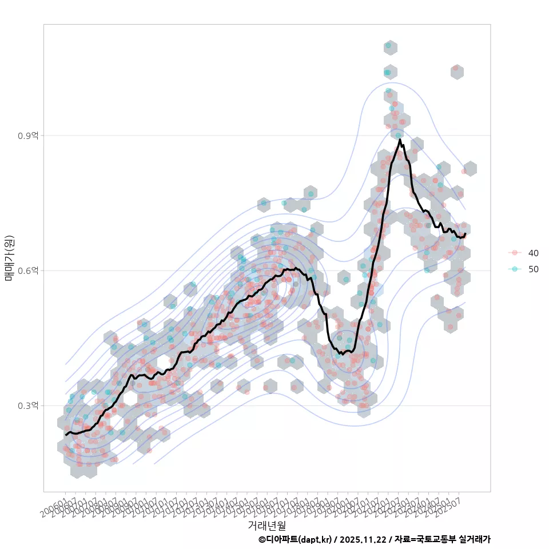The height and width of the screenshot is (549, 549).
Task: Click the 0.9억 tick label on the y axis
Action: click(28, 136)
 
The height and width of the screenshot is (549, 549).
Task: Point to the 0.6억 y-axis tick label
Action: click(28, 270)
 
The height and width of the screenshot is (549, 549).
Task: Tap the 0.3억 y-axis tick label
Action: click(28, 405)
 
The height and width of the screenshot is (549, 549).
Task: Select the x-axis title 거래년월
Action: click(266, 525)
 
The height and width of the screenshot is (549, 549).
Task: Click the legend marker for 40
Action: click(515, 253)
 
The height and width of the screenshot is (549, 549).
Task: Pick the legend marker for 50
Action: click(515, 269)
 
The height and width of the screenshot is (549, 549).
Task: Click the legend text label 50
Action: click(533, 269)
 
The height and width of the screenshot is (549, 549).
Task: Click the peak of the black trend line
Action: click(400, 140)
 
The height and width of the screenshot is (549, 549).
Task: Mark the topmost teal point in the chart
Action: click(388, 45)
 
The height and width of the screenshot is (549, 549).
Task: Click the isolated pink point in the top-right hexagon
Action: click(456, 68)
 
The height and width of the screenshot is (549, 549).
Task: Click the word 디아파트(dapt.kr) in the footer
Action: click(299, 539)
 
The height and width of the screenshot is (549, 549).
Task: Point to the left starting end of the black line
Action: click(66, 435)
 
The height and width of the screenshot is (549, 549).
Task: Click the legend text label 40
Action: click(533, 253)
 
